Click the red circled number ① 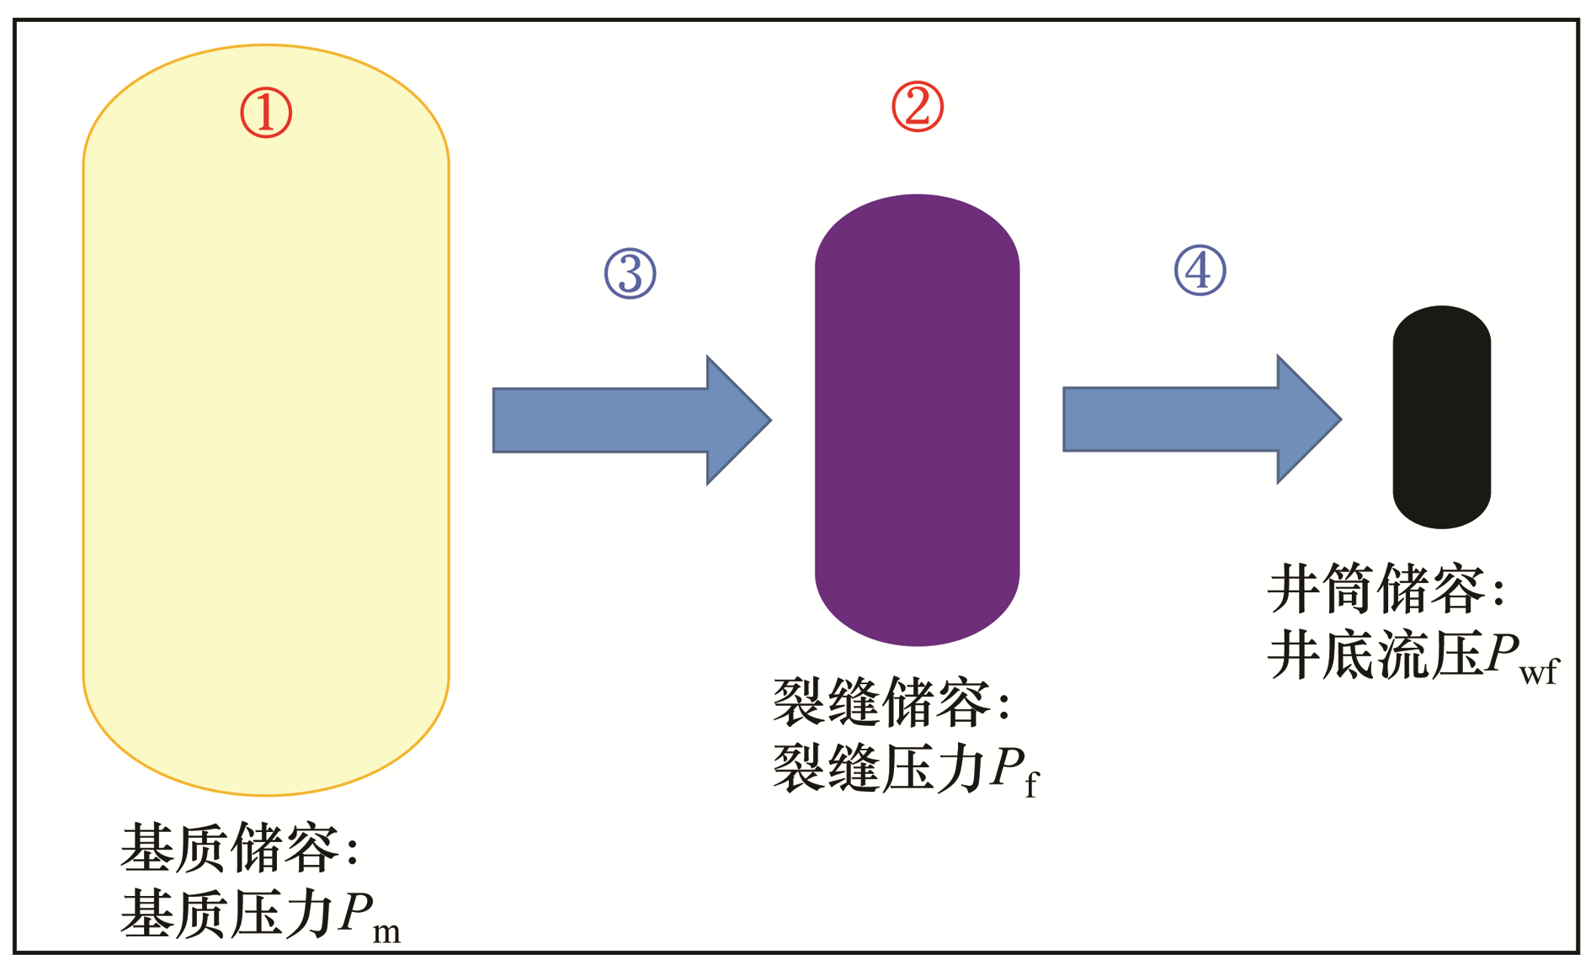[x=266, y=113]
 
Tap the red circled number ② [x=918, y=107]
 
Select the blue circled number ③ [x=631, y=273]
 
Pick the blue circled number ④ [x=1200, y=270]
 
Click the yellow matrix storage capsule [x=266, y=421]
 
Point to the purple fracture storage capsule [x=917, y=421]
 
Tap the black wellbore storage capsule [x=1441, y=417]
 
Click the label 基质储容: [x=240, y=848]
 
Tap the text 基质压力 [x=227, y=914]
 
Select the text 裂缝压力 [x=879, y=768]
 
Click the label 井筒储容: [x=1386, y=588]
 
